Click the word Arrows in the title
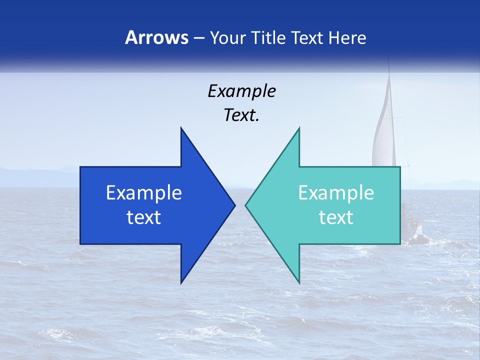pos(156,37)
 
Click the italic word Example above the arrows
pos(241,91)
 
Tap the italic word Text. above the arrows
pos(241,115)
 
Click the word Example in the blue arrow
pos(144,193)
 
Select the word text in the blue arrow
pos(144,217)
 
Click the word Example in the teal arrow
pos(336,193)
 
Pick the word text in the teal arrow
pos(336,217)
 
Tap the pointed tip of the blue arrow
pos(234,205)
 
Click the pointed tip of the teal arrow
pos(246,205)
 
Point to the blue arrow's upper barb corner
pos(181,128)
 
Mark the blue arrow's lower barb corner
pos(181,283)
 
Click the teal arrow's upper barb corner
pos(299,128)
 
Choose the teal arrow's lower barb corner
pos(299,283)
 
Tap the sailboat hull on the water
pos(413,235)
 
